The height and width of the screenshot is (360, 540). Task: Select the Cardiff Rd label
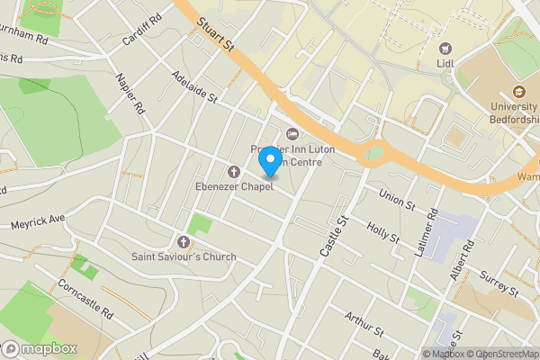point(142,28)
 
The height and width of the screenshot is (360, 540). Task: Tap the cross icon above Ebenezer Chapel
point(234,171)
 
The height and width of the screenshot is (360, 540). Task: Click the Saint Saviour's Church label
point(184,256)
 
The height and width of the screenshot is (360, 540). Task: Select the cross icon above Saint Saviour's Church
point(184,241)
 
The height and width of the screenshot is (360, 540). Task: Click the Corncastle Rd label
point(85,300)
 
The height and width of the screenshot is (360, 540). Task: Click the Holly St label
point(383,231)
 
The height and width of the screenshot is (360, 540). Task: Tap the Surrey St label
point(499,285)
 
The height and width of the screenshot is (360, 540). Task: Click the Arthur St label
point(364,324)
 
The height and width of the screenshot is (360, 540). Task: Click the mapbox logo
point(40,348)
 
